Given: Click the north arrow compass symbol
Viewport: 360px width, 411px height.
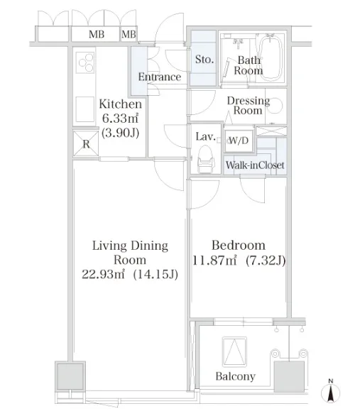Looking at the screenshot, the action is tap(331, 392).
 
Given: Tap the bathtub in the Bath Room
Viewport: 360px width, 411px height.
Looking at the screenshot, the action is tap(271, 58).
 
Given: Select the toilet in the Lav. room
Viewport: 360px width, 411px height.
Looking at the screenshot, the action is tap(206, 160).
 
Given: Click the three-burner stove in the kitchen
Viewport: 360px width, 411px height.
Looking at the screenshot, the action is tap(85, 62).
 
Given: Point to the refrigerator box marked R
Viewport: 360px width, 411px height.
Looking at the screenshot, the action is tap(86, 143).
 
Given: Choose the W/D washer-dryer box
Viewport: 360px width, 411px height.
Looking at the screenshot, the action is tap(239, 141).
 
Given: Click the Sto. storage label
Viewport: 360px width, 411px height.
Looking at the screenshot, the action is tap(204, 60).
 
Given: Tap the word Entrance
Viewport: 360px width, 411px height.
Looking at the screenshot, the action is tap(160, 77).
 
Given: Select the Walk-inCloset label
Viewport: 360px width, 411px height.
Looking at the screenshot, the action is tap(255, 165).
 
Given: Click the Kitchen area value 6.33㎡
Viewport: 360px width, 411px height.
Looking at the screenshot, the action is tap(120, 119).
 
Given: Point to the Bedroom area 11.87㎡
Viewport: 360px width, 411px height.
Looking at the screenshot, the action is tap(214, 261).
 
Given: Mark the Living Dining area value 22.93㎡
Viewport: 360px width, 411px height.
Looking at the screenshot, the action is tap(103, 274).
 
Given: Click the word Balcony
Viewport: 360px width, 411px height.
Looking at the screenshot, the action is tap(235, 376).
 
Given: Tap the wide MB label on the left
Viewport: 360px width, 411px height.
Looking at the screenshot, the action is tap(97, 34).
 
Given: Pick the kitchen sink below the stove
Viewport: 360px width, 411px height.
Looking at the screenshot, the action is tap(85, 109).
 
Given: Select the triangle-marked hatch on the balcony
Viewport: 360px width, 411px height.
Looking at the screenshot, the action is tap(234, 352).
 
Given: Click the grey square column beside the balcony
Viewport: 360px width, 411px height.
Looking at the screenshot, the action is tap(289, 376).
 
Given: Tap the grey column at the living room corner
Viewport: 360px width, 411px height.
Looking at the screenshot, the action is tap(70, 376).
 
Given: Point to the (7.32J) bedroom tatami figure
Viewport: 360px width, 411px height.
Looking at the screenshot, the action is tap(266, 261).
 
